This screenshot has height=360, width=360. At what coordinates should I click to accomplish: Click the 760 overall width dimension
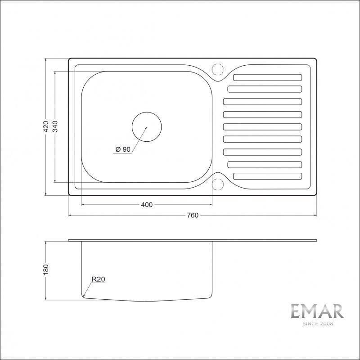point(192,216)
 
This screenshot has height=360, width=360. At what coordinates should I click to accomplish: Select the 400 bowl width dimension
point(147,205)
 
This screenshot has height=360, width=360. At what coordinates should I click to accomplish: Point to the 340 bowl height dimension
point(55,127)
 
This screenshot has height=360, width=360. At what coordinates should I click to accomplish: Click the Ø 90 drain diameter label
point(123,149)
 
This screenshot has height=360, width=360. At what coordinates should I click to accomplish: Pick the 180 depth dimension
point(45,270)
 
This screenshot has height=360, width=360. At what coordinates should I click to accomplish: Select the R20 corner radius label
point(98,279)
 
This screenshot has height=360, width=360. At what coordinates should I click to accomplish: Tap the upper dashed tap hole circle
point(218,69)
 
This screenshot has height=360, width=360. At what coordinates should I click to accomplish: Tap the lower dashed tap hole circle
point(218,184)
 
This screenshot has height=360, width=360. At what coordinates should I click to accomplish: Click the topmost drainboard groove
point(267,77)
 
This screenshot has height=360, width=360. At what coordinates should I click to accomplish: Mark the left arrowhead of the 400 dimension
point(83,205)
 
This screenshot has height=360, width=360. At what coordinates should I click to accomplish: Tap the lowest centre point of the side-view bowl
point(144,301)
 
